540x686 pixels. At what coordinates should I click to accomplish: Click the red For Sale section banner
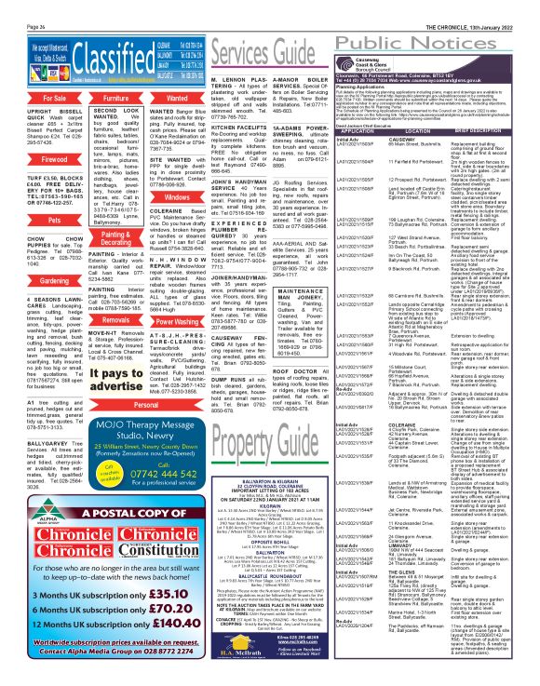click(36, 71)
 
